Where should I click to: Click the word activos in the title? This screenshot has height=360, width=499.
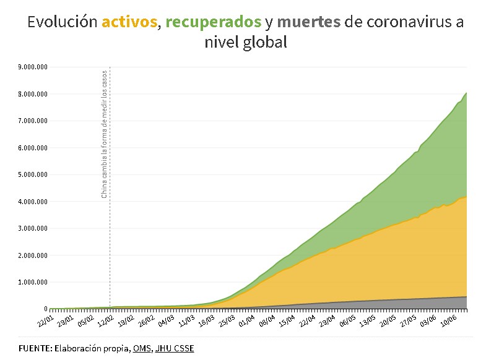pos(129,22)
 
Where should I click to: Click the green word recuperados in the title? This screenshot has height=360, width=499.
pos(213,22)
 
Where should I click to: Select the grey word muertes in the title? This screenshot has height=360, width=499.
pos(309,22)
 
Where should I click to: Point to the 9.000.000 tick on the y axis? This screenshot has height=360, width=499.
pos(33,67)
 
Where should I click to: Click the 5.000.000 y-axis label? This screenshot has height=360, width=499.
pos(33,174)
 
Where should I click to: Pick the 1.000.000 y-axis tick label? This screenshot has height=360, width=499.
pos(33,282)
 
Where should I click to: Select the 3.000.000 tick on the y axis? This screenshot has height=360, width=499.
pos(33,228)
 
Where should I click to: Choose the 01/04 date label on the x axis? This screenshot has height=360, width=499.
pos(247,322)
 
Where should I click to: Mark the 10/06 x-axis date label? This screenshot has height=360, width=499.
pos(448,322)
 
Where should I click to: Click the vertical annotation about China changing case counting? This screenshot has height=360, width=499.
pos(104,132)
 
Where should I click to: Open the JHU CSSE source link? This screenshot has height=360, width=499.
pos(175,348)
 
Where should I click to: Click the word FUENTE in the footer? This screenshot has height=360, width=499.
pos(35,348)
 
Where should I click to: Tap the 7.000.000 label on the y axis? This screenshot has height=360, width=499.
pos(33,121)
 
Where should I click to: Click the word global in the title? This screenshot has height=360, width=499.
pos(264,43)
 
